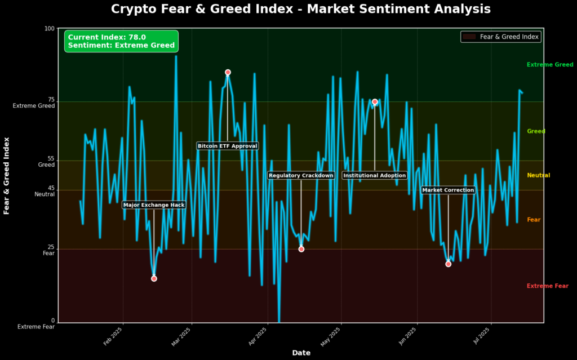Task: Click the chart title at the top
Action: pos(300,9)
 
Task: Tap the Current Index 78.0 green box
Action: pos(121,41)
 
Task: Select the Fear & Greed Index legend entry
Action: pos(500,37)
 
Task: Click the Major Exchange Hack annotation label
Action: pos(154,205)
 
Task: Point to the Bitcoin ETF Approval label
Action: pos(227,146)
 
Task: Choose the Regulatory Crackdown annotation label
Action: pos(301,176)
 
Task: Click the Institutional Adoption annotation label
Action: pos(374,176)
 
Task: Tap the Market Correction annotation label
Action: pos(448,190)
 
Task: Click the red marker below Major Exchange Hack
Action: pos(154,278)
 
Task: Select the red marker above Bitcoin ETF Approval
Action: pos(228,72)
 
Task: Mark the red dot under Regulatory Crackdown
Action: pos(301,249)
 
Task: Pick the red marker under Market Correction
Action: pos(448,264)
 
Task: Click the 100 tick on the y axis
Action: pos(49,29)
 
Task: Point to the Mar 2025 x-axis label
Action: pos(182,339)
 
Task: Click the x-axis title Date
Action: pos(301,353)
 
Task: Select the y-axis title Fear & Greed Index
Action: pos(7,175)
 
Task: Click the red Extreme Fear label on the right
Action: pos(547,286)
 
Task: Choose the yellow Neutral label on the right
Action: pos(538,176)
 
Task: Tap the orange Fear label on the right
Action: pos(534,220)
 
